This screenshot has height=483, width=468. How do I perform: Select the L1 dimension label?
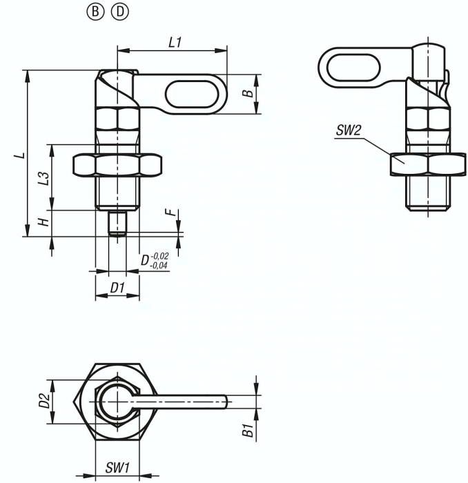[x=175, y=42]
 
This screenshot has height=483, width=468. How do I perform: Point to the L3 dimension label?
[x=43, y=177]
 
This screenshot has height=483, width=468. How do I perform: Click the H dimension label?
[x=43, y=223]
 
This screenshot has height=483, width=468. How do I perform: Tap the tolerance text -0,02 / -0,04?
[x=159, y=260]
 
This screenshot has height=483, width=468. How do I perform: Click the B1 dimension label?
[x=247, y=432]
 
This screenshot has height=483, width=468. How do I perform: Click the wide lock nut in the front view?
[x=118, y=166]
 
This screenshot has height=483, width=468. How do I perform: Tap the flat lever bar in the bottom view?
[x=186, y=402]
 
